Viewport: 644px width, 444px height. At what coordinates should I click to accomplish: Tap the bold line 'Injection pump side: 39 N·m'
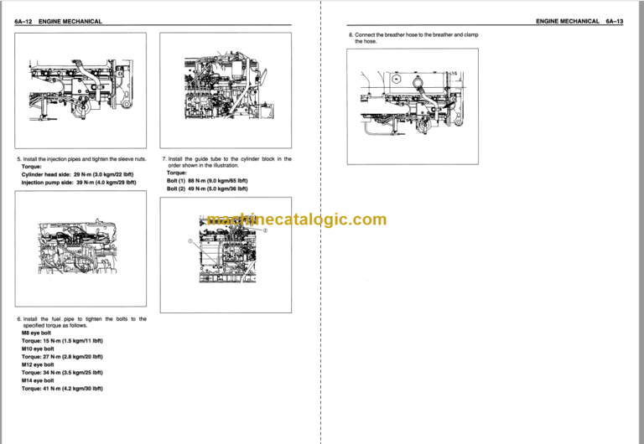coord(78,182)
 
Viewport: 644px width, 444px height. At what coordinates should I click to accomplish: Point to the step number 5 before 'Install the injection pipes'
coord(18,158)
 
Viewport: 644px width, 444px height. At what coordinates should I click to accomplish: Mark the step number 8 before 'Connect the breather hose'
coord(351,35)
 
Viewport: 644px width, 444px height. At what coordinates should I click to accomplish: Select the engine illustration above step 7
coord(228,86)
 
